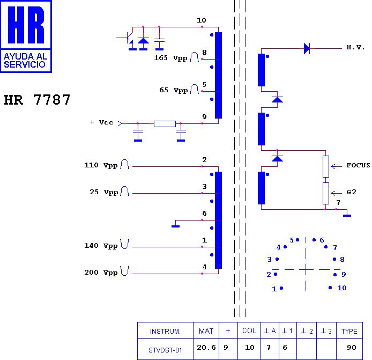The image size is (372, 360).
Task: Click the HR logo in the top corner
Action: tap(26, 36)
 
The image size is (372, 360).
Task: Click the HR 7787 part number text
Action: tap(37, 100)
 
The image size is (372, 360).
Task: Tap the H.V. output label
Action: tap(355, 48)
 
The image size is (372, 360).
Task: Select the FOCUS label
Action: tap(358, 165)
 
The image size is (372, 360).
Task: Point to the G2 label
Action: tap(351, 192)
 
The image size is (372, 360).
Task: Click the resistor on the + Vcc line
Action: tap(164, 124)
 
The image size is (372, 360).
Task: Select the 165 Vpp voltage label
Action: tap(170, 57)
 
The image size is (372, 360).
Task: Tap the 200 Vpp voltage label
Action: tap(101, 273)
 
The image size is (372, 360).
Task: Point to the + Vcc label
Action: tap(101, 122)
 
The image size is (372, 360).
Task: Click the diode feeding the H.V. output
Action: tap(307, 49)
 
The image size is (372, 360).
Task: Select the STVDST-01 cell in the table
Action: tap(166, 350)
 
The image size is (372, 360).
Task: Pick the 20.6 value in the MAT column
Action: tap(206, 348)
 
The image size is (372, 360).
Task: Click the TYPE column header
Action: tap(349, 331)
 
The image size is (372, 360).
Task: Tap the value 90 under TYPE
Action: tap(352, 348)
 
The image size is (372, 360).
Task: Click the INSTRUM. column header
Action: tap(165, 331)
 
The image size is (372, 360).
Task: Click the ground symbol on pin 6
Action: tap(175, 225)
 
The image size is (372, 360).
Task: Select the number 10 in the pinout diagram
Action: tap(341, 288)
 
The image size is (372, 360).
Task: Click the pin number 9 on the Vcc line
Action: tap(204, 116)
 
